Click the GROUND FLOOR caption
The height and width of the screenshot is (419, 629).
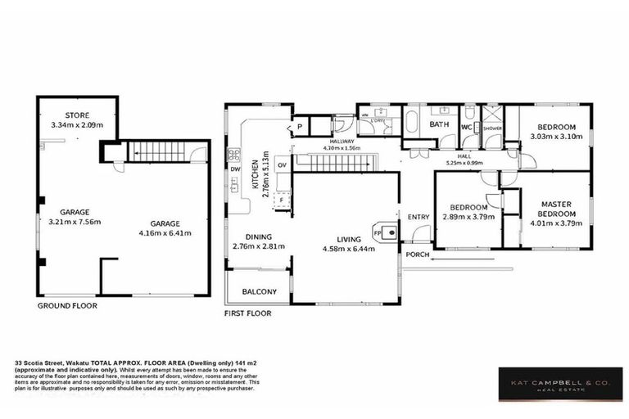coord(67,305)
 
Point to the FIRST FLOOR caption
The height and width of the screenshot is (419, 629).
coord(247,313)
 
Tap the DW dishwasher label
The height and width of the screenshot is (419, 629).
coord(236,170)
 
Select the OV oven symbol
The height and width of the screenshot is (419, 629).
coord(282,164)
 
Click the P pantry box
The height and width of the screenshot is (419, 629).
coord(300,127)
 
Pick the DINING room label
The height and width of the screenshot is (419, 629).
coord(246,237)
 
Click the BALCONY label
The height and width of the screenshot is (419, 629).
coord(259,292)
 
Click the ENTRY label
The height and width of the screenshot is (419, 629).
coord(419,217)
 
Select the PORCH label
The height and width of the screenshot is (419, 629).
coord(417,254)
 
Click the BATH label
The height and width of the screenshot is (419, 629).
coord(440,125)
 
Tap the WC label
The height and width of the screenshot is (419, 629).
coord(466,127)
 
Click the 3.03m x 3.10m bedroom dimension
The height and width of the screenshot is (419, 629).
coord(557,137)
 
